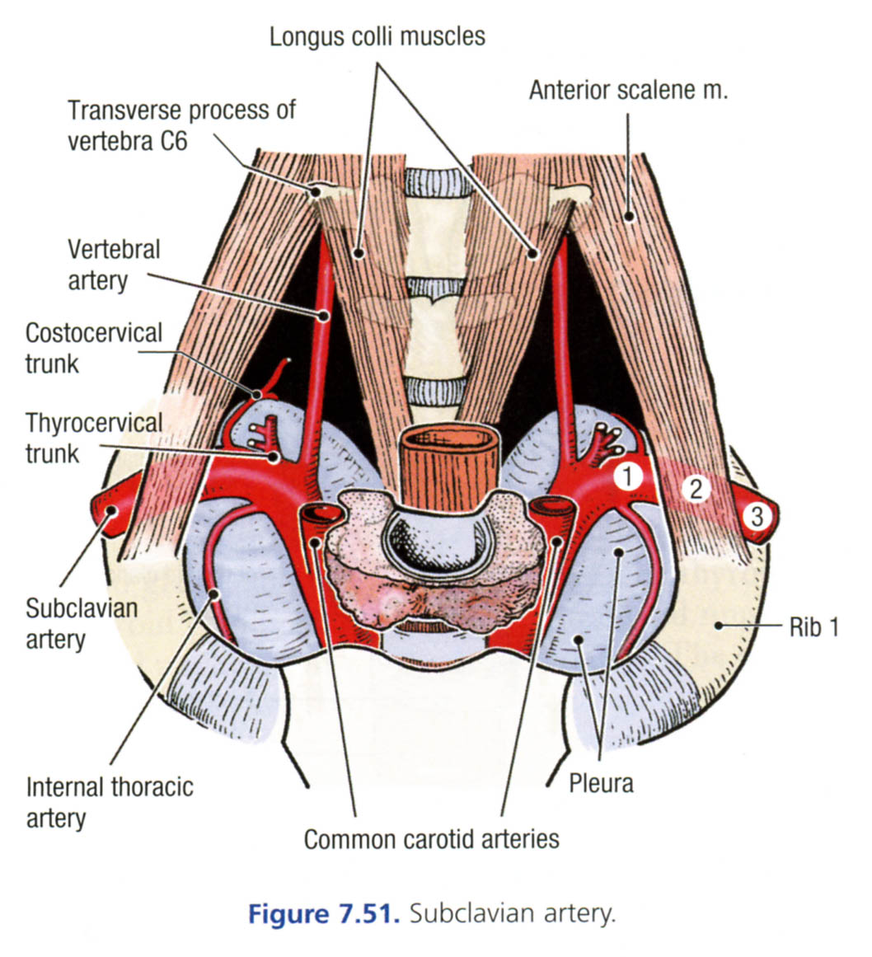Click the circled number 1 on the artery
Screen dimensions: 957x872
click(628, 476)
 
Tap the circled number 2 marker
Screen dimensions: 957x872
click(696, 490)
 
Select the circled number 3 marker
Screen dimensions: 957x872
click(755, 517)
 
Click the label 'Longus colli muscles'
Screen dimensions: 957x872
click(377, 36)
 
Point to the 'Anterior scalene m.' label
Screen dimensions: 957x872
click(628, 90)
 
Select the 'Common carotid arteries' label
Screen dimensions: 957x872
click(431, 839)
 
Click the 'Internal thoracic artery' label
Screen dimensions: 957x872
click(109, 801)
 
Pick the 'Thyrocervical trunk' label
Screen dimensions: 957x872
click(93, 438)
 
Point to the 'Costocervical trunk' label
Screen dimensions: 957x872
click(93, 347)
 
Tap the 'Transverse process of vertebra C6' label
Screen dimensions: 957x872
click(180, 124)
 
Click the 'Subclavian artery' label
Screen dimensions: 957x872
click(81, 623)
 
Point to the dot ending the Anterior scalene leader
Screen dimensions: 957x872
click(629, 218)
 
